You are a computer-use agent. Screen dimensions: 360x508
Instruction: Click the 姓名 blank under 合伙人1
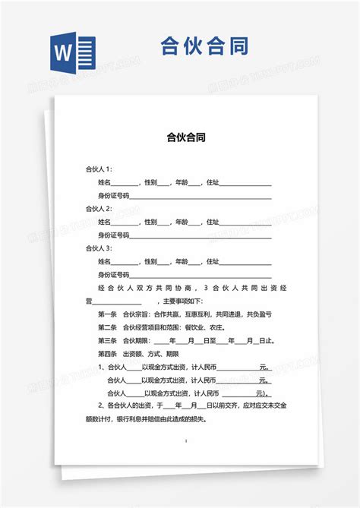pyautogui.click(x=126, y=183)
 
